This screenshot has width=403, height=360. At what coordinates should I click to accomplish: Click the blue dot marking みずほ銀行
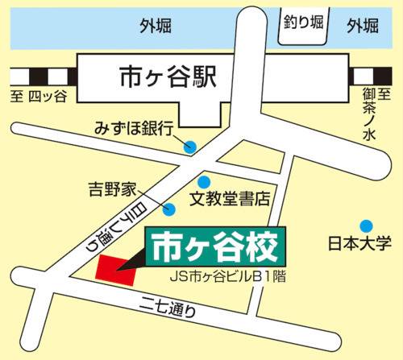click(190, 147)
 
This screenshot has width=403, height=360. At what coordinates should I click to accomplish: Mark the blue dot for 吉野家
click(170, 210)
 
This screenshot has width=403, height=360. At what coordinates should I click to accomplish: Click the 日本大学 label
click(360, 242)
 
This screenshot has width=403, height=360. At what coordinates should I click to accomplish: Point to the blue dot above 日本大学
click(367, 224)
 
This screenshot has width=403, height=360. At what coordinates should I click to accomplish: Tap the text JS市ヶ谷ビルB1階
click(229, 276)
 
